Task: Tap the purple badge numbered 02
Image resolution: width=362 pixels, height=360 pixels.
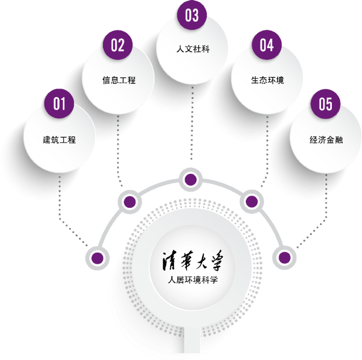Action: point(118,46)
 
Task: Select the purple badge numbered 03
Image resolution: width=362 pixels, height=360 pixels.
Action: point(192,15)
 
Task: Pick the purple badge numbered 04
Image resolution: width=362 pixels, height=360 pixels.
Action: point(266,46)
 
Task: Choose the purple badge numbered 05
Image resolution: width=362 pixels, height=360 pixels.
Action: point(325,103)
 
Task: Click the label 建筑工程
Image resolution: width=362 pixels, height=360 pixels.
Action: point(59,140)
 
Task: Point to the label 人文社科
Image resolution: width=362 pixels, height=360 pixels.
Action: point(193,50)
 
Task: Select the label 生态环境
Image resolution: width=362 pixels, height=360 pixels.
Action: point(267,80)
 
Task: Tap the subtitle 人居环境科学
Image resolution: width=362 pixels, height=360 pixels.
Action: point(190,279)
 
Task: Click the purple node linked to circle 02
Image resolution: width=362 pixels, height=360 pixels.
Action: point(130,202)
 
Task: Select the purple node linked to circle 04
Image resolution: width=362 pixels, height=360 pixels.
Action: point(251,202)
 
